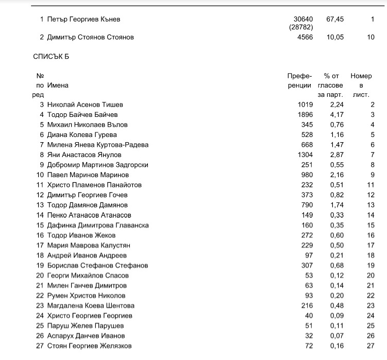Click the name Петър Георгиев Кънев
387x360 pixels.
click(83, 20)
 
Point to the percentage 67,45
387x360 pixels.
click(335, 20)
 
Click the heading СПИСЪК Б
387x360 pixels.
click(51, 56)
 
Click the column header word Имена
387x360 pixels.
click(58, 85)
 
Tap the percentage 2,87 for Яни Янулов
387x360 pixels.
click(336, 155)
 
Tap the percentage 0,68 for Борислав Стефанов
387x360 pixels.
click(336, 266)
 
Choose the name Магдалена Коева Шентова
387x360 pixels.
click(91, 306)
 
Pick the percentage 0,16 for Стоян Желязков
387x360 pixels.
click(336, 346)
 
